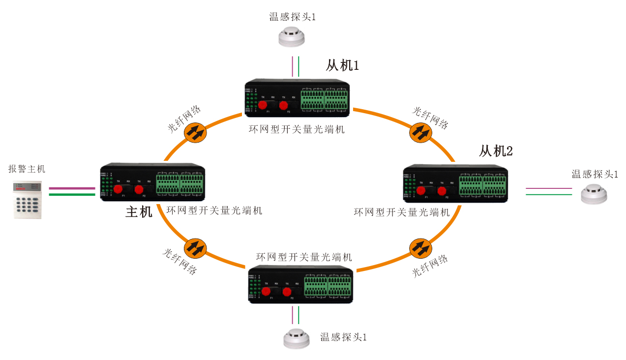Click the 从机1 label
pos(342,65)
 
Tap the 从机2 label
pos(496,151)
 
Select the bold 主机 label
pos(139,212)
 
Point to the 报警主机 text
pos(27,169)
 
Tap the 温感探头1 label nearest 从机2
pos(595,174)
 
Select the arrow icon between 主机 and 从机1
pos(195,132)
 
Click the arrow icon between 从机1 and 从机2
pos(420,132)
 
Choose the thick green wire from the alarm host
pos(72,194)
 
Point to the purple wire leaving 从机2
pos(549,188)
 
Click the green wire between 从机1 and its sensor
pos(298,66)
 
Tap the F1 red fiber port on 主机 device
pos(118,190)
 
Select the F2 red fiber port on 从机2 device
pos(442,191)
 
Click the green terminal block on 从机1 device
pos(324,99)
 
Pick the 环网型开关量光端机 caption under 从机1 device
pos(297,130)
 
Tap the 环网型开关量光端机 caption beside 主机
pos(214,210)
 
